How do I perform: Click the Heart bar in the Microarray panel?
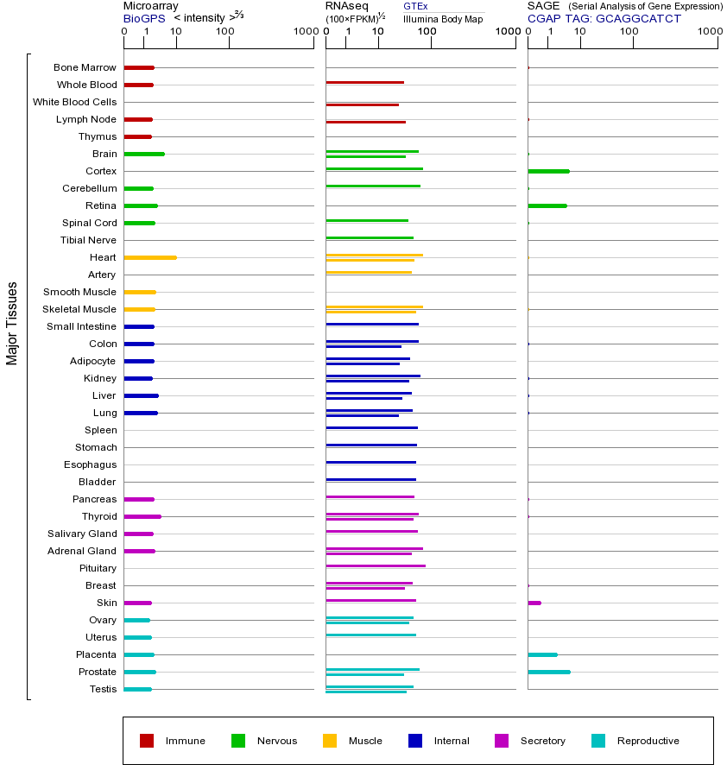(x=150, y=257)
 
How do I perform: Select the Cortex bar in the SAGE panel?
(x=548, y=171)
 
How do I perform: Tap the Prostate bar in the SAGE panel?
(x=548, y=672)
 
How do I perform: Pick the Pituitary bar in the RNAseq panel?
(x=376, y=565)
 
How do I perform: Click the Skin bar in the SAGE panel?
(x=534, y=603)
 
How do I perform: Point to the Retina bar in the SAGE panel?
(x=547, y=205)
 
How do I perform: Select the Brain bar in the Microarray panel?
(x=144, y=154)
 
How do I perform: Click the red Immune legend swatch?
(x=147, y=741)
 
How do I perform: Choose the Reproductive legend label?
(x=648, y=741)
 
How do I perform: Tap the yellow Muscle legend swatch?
(x=330, y=741)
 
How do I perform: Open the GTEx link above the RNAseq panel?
(x=415, y=6)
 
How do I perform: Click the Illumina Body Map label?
(x=443, y=18)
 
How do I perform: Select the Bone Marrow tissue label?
(x=85, y=67)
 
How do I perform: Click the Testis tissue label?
(x=103, y=689)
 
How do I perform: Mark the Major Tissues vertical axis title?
(x=12, y=323)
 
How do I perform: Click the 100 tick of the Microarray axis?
(x=225, y=33)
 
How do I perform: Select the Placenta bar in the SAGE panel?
(x=542, y=654)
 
